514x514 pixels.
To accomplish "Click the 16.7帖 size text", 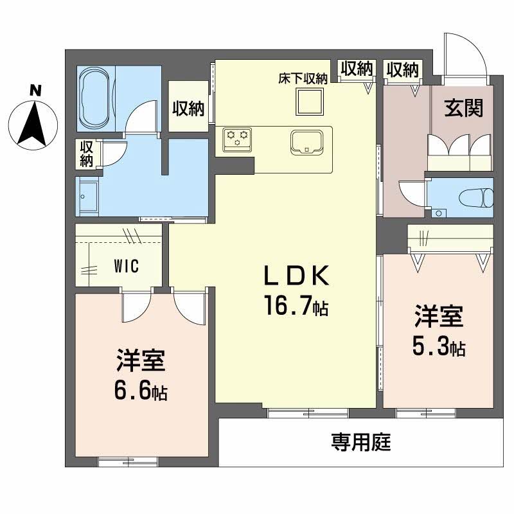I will pos(296,306).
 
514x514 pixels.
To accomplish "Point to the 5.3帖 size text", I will pos(439,348).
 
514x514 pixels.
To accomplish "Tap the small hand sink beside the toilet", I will pos(439,213).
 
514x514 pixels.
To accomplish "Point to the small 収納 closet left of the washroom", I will pos(86,154).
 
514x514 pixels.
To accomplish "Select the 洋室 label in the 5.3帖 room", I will pos(439,317).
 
